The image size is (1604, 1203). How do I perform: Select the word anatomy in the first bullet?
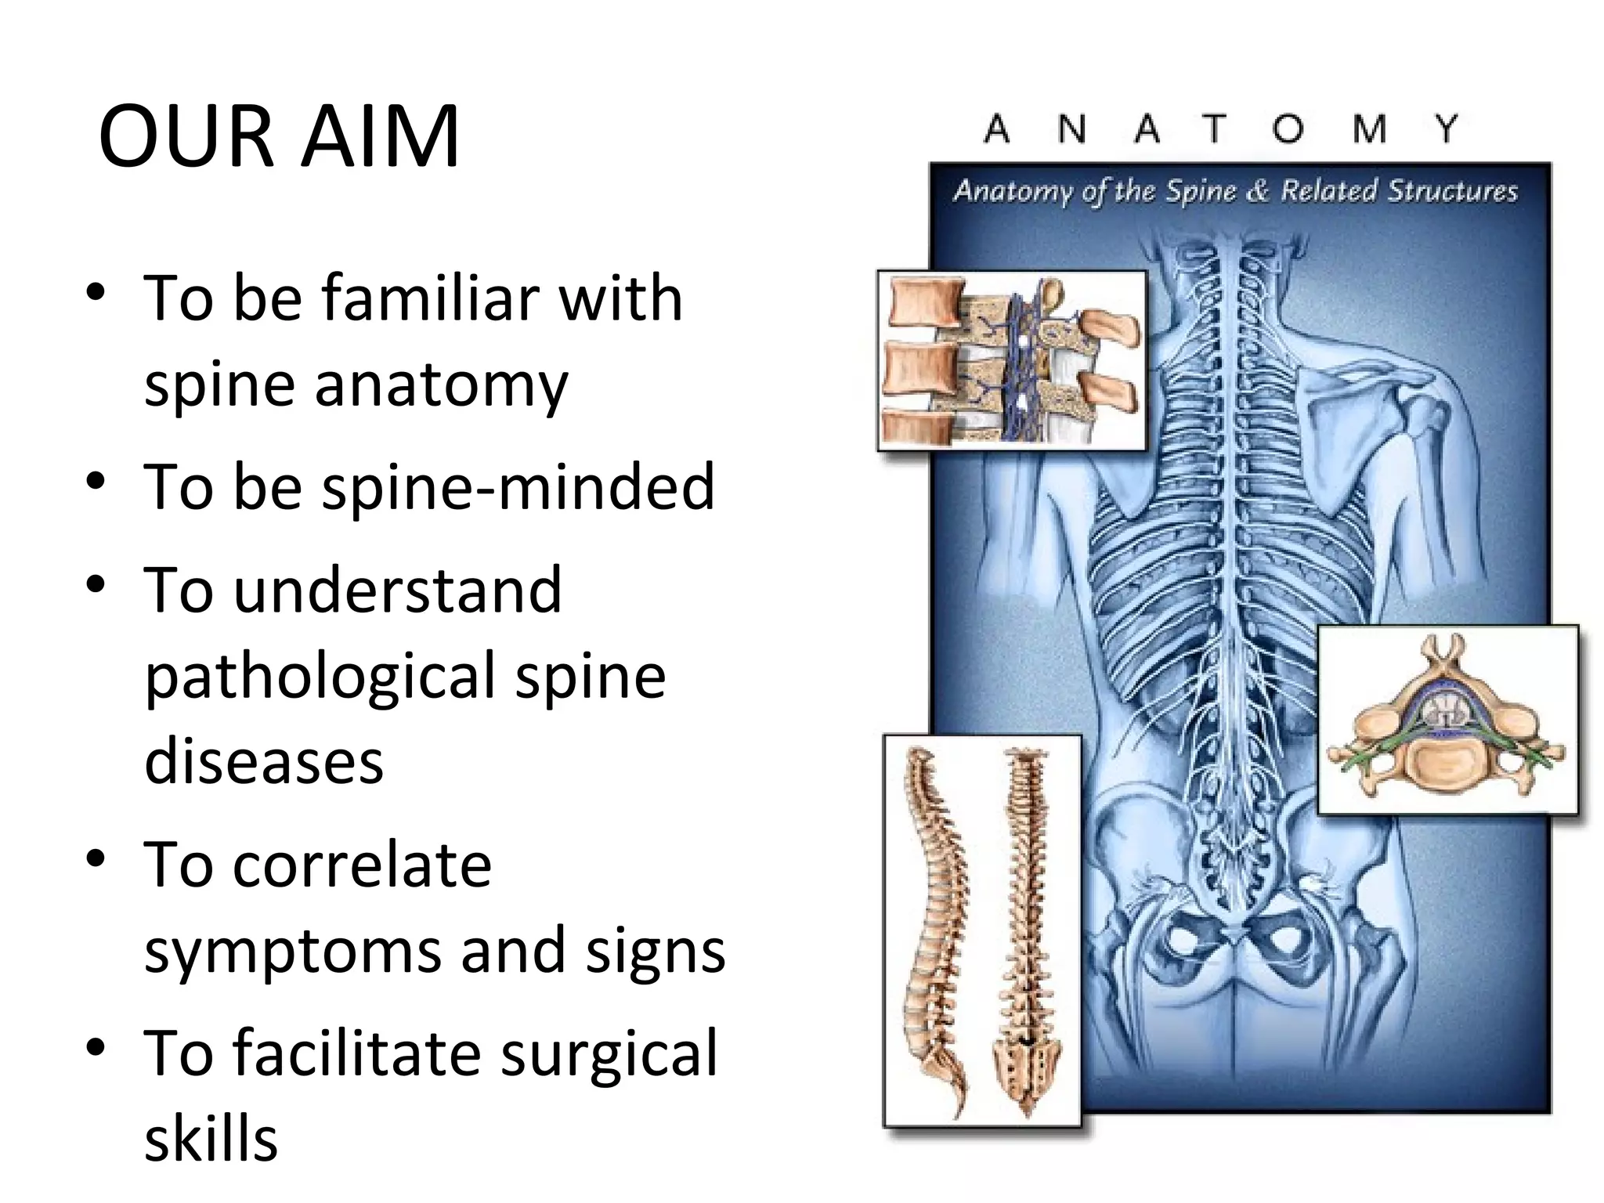pyautogui.click(x=442, y=385)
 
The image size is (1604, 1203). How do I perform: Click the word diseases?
pyautogui.click(x=264, y=761)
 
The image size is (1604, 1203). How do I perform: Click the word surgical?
pyautogui.click(x=609, y=1053)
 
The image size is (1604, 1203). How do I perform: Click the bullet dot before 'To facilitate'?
pyautogui.click(x=96, y=1047)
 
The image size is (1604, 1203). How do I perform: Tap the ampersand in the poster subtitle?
pyautogui.click(x=1256, y=192)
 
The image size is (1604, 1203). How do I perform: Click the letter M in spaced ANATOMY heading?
pyautogui.click(x=1369, y=129)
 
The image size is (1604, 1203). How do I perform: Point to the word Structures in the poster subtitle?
pyautogui.click(x=1453, y=192)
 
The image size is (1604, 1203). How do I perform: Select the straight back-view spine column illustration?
pyautogui.click(x=1025, y=932)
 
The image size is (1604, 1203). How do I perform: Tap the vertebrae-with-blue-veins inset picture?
pyautogui.click(x=1011, y=361)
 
